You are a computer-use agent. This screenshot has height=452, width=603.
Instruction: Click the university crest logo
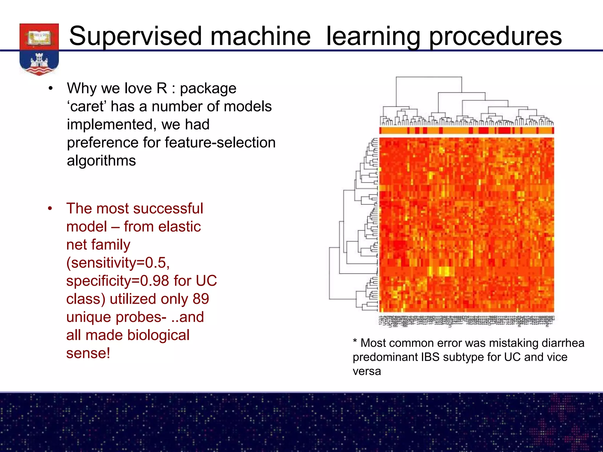[x=39, y=49]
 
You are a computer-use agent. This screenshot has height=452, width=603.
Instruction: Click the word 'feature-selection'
[x=220, y=143]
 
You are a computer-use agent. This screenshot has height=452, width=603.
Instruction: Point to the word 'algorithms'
[x=101, y=161]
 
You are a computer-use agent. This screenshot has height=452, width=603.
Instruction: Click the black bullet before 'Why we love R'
[x=51, y=89]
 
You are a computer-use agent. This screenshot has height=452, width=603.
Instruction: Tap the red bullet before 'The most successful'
[x=50, y=209]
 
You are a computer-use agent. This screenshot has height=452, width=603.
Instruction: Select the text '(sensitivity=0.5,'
[x=118, y=263]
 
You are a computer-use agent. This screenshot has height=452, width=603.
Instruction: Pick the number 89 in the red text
[x=201, y=299]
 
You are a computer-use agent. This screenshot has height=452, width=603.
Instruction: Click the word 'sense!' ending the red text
[x=88, y=353]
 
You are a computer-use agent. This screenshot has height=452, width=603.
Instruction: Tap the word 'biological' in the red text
[x=153, y=335]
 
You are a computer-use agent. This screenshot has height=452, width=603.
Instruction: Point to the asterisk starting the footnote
[x=355, y=342]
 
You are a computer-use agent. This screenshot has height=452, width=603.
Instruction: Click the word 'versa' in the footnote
[x=367, y=371]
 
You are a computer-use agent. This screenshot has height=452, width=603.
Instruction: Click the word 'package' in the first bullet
[x=208, y=89]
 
